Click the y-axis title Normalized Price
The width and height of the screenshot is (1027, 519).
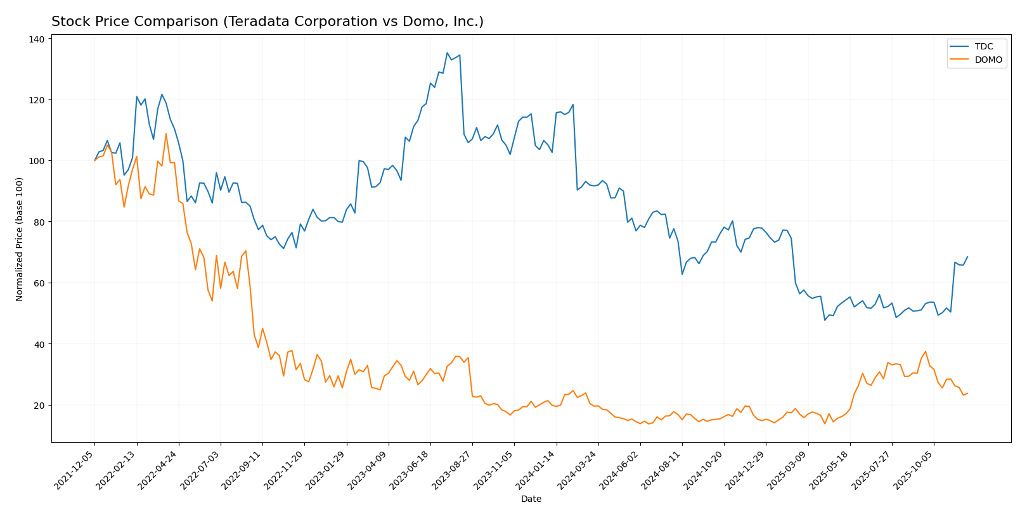tap(20, 239)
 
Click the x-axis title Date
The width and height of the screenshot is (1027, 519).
tap(531, 499)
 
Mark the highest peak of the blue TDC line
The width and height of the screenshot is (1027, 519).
tap(447, 53)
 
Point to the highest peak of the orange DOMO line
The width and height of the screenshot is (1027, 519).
tap(166, 134)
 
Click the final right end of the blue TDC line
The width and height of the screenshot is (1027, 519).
tap(967, 257)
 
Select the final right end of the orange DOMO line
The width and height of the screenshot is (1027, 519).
tap(967, 394)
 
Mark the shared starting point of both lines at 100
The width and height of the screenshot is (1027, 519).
tap(95, 160)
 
